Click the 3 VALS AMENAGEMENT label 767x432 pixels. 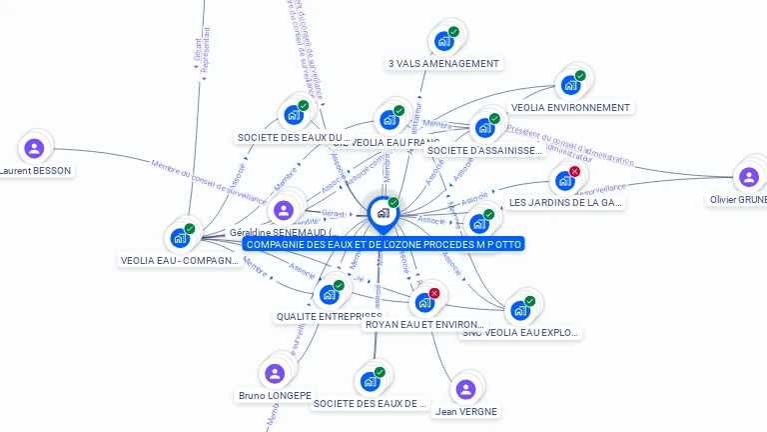coord(444,63)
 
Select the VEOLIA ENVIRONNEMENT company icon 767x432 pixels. coord(570,85)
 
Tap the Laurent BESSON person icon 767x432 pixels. coord(35,149)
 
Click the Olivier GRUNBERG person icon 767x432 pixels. coord(748,178)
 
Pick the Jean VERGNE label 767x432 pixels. coord(465,411)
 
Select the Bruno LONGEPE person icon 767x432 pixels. coord(275,374)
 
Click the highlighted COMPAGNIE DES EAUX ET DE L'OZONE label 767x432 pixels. coord(383,244)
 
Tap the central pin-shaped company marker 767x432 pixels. coord(383,213)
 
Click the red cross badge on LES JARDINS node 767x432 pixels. coord(574,172)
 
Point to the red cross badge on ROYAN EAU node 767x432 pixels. coord(434,292)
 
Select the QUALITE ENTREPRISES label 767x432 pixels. coord(329,316)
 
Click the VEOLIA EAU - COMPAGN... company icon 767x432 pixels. coord(180,238)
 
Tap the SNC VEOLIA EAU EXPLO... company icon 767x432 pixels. coord(519,310)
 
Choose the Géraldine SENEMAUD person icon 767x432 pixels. coord(284,210)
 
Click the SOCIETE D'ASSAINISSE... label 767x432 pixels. coord(485,150)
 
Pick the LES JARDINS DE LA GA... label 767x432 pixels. coord(566,202)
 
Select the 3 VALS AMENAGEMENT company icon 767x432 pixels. coord(442,42)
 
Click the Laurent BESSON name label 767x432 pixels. coord(35,170)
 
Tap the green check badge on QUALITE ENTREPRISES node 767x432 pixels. coord(339,285)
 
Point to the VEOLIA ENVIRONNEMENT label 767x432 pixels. coord(570,107)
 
